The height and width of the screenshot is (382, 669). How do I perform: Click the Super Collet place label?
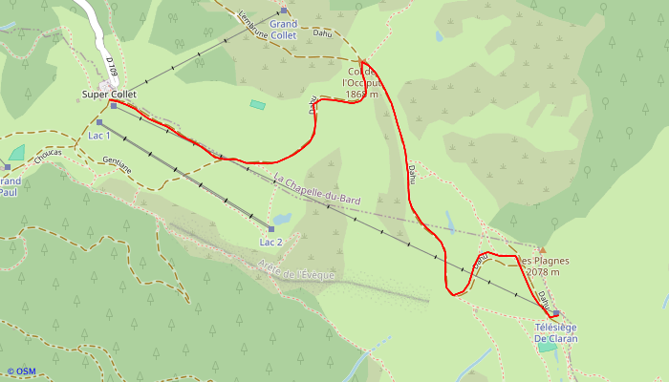[109, 95]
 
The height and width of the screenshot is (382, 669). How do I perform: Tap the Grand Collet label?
[283, 28]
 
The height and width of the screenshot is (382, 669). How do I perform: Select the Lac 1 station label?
[99, 136]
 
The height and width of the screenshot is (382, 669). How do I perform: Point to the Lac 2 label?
[271, 242]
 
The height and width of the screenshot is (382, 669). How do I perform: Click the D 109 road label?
[111, 68]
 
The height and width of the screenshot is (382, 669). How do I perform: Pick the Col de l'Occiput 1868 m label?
[360, 83]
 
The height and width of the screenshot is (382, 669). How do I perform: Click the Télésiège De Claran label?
[555, 332]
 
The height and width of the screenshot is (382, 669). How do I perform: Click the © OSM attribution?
[21, 371]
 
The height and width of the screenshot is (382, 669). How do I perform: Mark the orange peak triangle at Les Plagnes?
[542, 250]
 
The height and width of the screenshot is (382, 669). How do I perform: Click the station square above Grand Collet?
[283, 11]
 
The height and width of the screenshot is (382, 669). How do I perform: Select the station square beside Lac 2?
[271, 229]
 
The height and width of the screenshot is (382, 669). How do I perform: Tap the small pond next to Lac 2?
[283, 218]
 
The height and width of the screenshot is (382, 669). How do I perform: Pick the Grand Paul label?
[9, 186]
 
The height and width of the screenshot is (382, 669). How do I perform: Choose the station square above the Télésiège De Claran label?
[555, 313]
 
